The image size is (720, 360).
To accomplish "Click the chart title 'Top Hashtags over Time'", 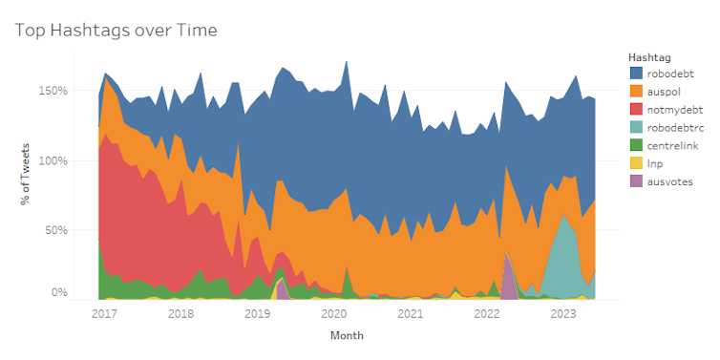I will pyautogui.click(x=116, y=31).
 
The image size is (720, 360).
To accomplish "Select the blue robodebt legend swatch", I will pyautogui.click(x=636, y=72).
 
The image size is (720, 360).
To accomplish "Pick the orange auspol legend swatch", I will pyautogui.click(x=636, y=90).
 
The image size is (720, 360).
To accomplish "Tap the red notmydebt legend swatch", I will pyautogui.click(x=636, y=108).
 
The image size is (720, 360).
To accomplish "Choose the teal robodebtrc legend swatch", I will pyautogui.click(x=636, y=126).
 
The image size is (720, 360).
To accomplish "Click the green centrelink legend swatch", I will pyautogui.click(x=636, y=144).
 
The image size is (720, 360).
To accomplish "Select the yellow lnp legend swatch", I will pyautogui.click(x=636, y=162).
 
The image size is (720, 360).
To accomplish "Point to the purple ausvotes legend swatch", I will pyautogui.click(x=636, y=180).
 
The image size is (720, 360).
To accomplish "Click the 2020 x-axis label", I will pyautogui.click(x=333, y=313).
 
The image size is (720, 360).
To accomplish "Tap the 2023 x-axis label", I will pyautogui.click(x=563, y=313).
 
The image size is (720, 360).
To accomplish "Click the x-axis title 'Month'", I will pyautogui.click(x=347, y=336).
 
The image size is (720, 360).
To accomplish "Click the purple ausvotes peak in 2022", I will pyautogui.click(x=508, y=272).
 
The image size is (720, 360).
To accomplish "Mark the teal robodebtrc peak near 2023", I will pyautogui.click(x=566, y=229).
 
